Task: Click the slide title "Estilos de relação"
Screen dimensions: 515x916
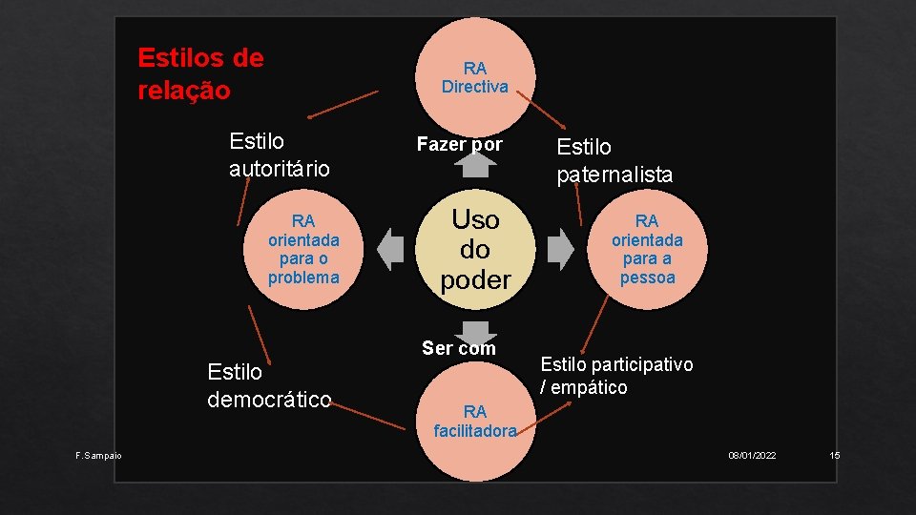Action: [x=200, y=74]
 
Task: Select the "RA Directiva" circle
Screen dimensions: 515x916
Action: [x=474, y=77]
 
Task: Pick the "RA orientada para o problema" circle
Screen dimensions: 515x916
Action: [x=303, y=249]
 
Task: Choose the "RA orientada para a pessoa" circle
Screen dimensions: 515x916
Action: [x=647, y=249]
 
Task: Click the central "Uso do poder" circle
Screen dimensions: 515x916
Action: [x=475, y=249]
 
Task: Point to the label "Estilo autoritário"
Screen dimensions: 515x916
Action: [x=279, y=155]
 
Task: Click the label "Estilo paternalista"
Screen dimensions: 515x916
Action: [x=614, y=160]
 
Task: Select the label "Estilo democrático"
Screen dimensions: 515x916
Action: [x=269, y=385]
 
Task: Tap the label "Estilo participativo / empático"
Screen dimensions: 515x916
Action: [x=616, y=375]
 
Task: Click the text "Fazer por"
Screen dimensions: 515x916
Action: [x=459, y=144]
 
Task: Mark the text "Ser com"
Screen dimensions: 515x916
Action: [x=459, y=348]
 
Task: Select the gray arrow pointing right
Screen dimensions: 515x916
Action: [x=561, y=249]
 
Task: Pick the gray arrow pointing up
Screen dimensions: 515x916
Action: [x=475, y=165]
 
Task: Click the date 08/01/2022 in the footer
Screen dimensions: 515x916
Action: [x=752, y=456]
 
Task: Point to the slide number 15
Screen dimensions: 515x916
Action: [x=835, y=456]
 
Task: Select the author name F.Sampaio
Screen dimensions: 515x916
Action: [x=98, y=456]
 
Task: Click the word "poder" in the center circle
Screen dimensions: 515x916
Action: [x=475, y=279]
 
